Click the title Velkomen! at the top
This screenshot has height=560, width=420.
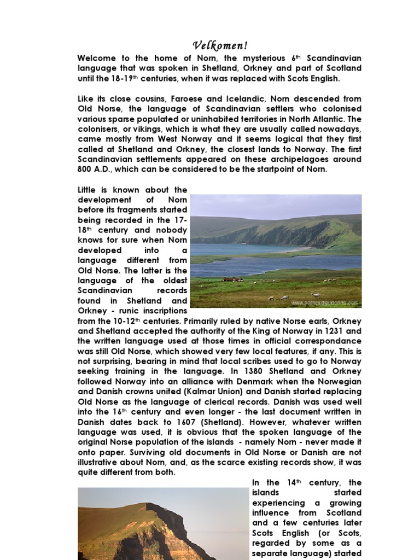tap(220, 45)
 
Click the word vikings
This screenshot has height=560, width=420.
tap(141, 129)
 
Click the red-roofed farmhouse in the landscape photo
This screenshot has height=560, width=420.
tap(233, 279)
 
